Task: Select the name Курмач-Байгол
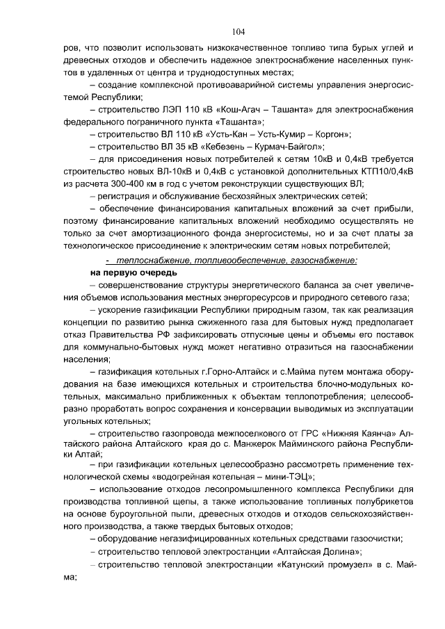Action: click(292, 147)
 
